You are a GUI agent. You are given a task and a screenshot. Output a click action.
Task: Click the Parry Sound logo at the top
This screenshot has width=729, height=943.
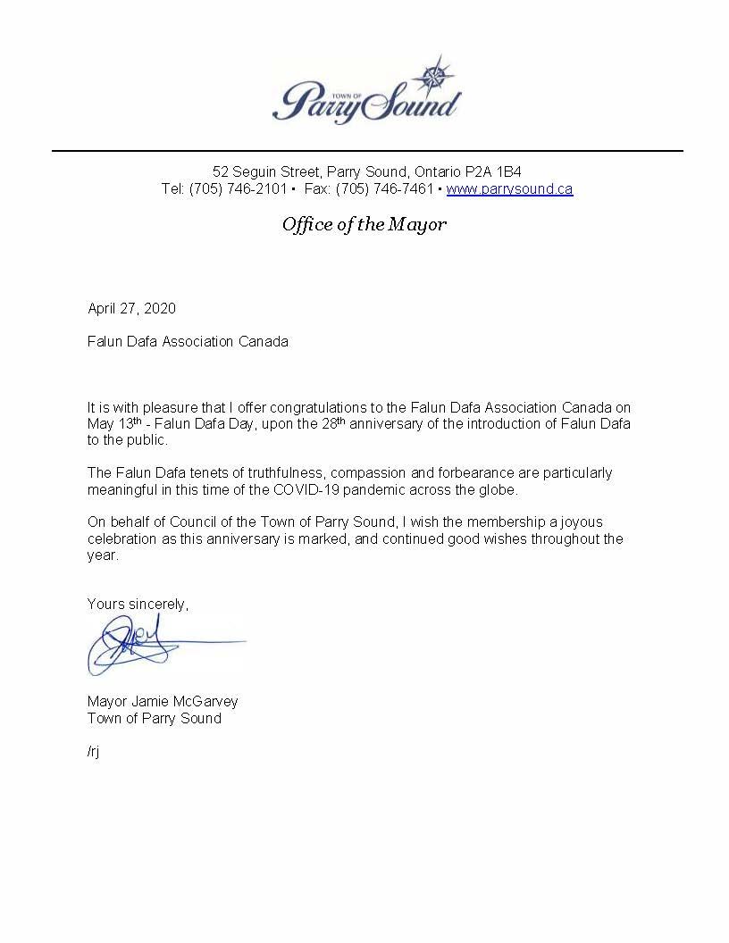pos(366,94)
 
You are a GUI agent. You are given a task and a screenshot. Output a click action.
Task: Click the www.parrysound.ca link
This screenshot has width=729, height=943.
pos(509,189)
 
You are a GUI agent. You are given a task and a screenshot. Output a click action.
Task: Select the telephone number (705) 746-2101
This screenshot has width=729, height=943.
pos(238,189)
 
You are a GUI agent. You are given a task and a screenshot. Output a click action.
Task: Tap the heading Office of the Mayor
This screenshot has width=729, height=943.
pos(364,224)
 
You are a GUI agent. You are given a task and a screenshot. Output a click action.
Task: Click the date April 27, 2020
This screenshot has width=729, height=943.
pos(131,309)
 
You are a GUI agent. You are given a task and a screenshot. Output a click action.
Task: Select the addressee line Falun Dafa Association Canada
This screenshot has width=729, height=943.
pos(188,342)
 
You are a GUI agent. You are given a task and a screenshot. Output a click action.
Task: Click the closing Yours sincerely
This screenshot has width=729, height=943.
pos(138,605)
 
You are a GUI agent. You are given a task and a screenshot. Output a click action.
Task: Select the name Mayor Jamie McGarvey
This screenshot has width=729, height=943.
pos(163,702)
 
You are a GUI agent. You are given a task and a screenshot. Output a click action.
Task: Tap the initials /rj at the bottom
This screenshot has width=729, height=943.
pos(94,751)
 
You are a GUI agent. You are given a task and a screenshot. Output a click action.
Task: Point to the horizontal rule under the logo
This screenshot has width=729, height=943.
pos(366,151)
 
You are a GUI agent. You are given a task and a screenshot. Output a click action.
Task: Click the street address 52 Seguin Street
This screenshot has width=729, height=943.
pos(265,171)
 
